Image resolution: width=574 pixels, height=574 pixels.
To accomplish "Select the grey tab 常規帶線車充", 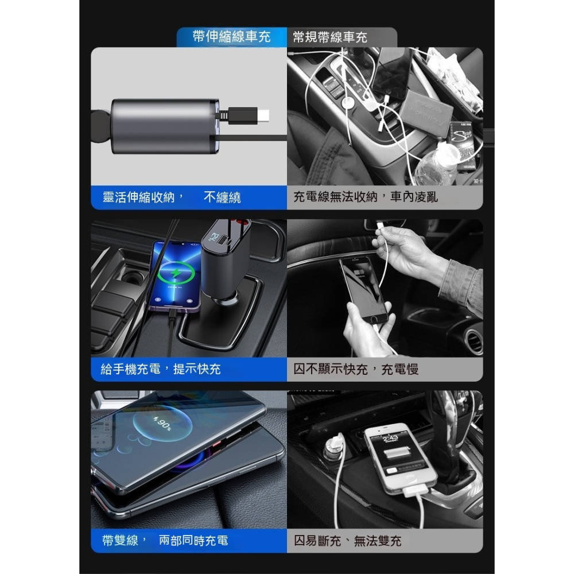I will coord(330,37).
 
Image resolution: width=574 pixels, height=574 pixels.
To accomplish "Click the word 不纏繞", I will coord(222,198).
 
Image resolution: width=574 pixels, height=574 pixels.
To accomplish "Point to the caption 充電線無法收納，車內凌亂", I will coord(365,197).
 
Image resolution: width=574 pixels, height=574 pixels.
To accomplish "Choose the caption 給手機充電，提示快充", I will coord(160,369).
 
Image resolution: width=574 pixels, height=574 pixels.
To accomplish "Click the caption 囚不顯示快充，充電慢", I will coord(356,369).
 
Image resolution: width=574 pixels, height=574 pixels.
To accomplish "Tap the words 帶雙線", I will coord(121,540).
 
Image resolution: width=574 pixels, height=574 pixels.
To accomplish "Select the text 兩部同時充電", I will coord(193,540).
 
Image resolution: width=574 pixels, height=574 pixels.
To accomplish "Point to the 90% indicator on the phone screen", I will coord(162,425).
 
